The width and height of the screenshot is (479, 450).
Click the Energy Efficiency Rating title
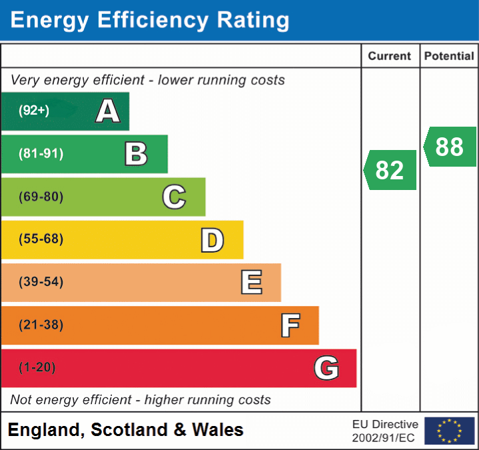(x=150, y=20)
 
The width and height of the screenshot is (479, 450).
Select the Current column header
(x=390, y=56)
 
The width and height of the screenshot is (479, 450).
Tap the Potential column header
(x=449, y=56)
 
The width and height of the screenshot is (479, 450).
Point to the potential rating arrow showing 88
(x=450, y=147)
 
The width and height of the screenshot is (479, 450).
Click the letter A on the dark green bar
(x=108, y=111)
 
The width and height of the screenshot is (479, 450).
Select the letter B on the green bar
(x=136, y=154)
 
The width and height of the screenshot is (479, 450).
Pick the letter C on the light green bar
(x=174, y=197)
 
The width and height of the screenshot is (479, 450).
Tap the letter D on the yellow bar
(x=212, y=240)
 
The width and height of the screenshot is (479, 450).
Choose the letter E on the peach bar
(x=251, y=283)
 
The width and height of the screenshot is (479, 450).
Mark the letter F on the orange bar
(x=289, y=325)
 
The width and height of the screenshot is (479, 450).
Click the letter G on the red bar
(x=326, y=368)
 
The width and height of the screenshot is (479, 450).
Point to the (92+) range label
(x=34, y=111)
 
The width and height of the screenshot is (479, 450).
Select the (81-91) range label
(x=41, y=154)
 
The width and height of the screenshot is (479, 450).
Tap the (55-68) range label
(x=41, y=239)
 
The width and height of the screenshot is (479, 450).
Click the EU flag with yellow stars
(x=449, y=431)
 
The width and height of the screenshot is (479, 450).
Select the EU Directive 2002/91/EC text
(x=385, y=431)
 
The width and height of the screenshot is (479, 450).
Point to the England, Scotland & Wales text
(x=126, y=430)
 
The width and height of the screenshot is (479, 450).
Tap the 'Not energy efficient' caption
(x=141, y=400)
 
